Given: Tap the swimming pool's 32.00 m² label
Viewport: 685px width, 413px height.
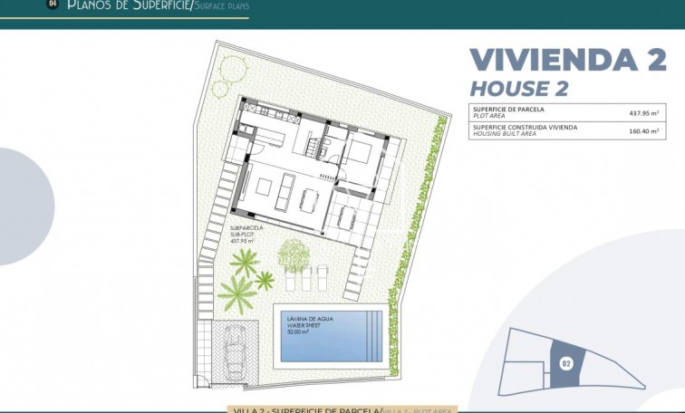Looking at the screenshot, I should click(x=299, y=332).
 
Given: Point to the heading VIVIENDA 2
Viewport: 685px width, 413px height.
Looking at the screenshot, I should click(x=567, y=60).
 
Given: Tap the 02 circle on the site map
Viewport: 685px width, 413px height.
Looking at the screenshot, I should click(x=566, y=363).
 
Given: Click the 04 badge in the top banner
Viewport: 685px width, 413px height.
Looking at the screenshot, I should click(x=52, y=5).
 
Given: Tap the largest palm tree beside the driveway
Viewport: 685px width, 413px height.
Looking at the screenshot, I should click(x=236, y=292).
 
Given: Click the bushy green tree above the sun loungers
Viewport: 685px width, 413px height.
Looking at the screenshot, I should click(x=293, y=255).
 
